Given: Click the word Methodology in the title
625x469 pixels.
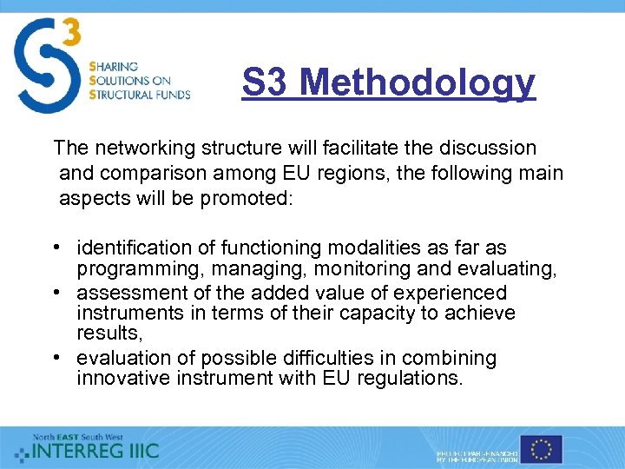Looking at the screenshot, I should coord(418,83).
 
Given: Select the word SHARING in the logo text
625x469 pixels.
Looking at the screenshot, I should coord(113,67).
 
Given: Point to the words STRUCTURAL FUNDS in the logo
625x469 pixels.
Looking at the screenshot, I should coord(139,94).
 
